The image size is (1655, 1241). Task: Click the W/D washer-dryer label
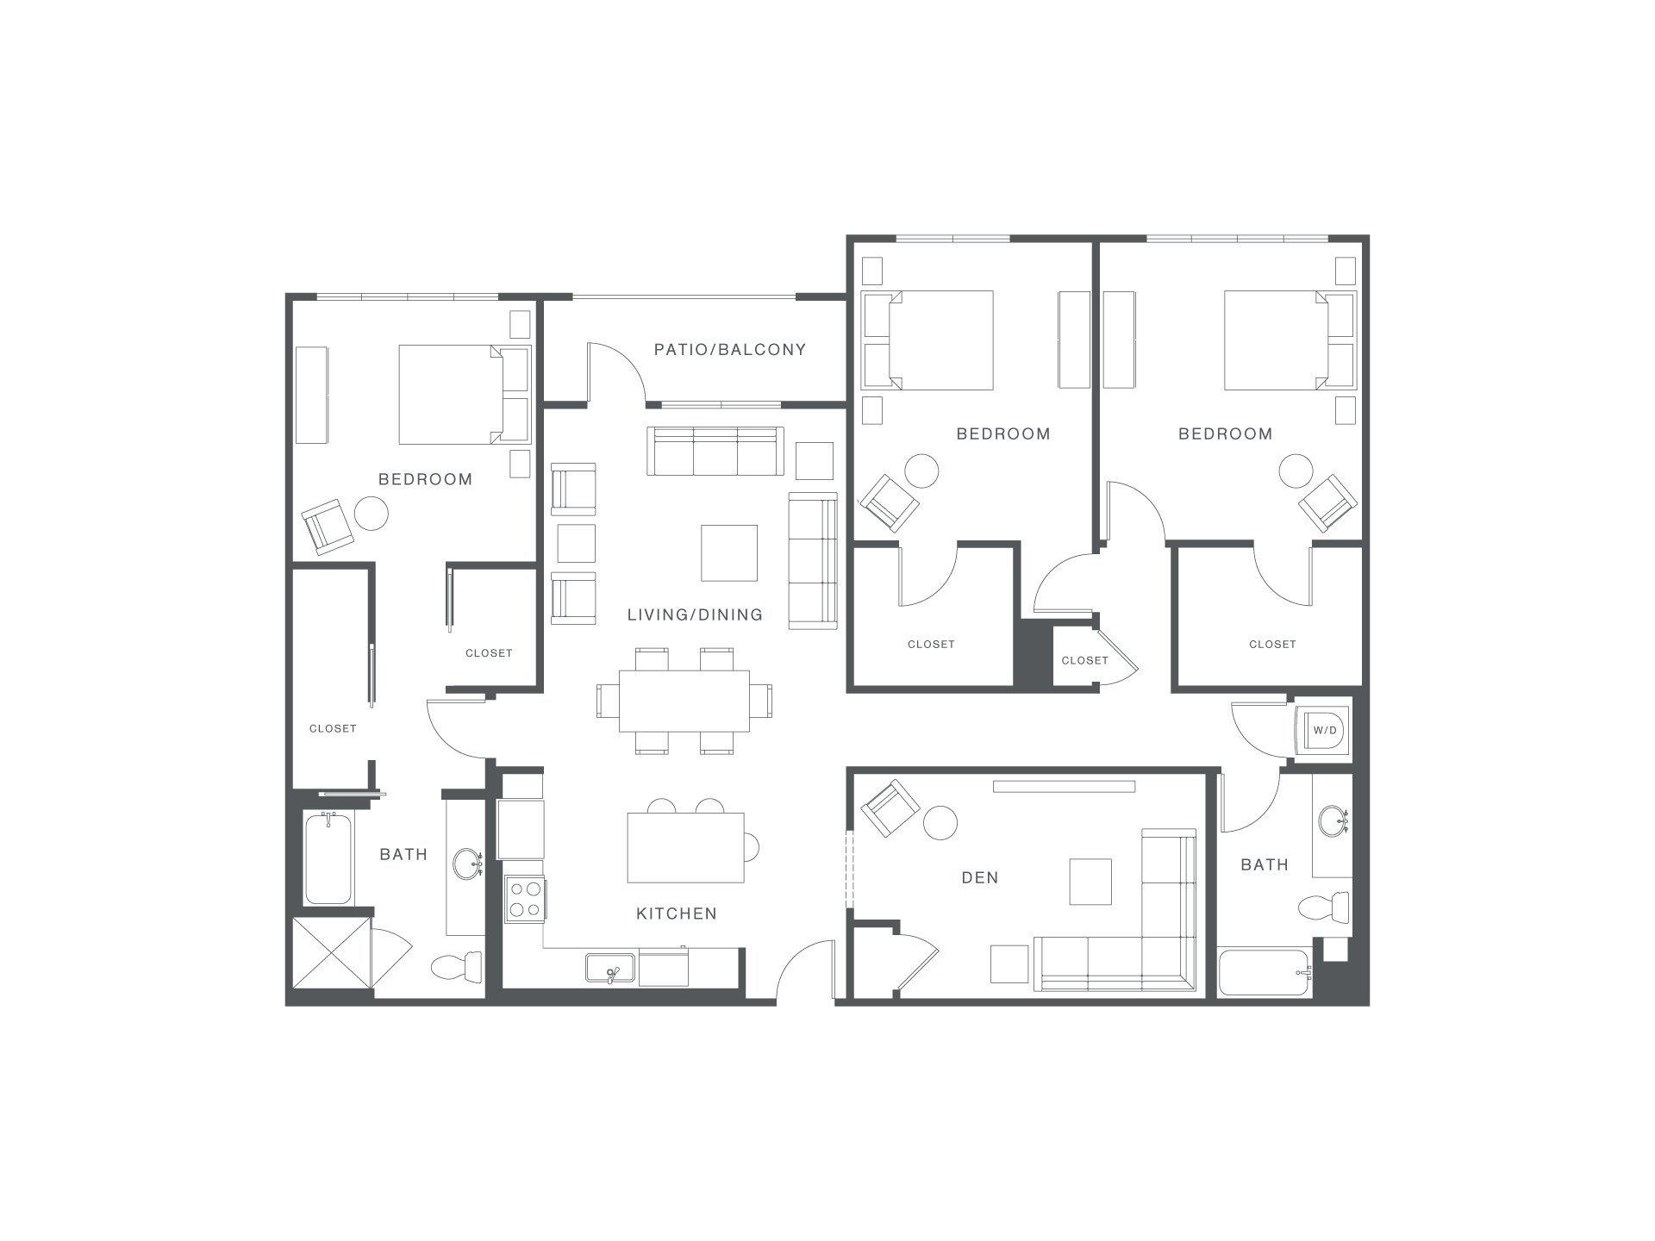tap(1324, 731)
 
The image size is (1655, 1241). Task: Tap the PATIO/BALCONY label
tap(730, 349)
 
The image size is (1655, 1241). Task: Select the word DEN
tap(980, 877)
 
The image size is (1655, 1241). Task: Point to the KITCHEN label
tap(677, 914)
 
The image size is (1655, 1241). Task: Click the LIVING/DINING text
tap(695, 614)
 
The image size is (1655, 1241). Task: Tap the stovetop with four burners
tap(524, 898)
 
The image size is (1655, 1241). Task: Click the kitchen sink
tap(611, 969)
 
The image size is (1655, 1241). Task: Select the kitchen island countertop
tap(685, 847)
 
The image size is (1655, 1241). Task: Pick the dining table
tap(684, 701)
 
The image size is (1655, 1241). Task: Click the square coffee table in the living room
tap(729, 553)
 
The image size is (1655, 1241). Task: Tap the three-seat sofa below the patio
tap(715, 451)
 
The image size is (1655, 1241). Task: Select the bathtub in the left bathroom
tap(328, 858)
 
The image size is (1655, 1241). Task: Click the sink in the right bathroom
tap(1333, 820)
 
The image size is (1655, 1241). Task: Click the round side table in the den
tap(940, 823)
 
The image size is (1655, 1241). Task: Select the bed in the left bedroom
tap(464, 395)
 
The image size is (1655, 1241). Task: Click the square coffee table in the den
tap(1090, 882)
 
